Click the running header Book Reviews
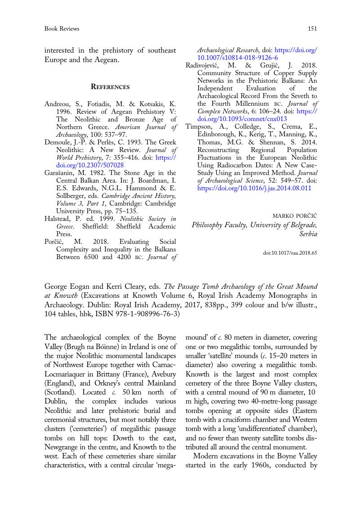pos(62,29)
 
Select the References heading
pos(110,86)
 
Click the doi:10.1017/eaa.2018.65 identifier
pos(290,253)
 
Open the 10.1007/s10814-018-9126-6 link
pos(238,58)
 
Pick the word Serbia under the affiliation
pos(308,234)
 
